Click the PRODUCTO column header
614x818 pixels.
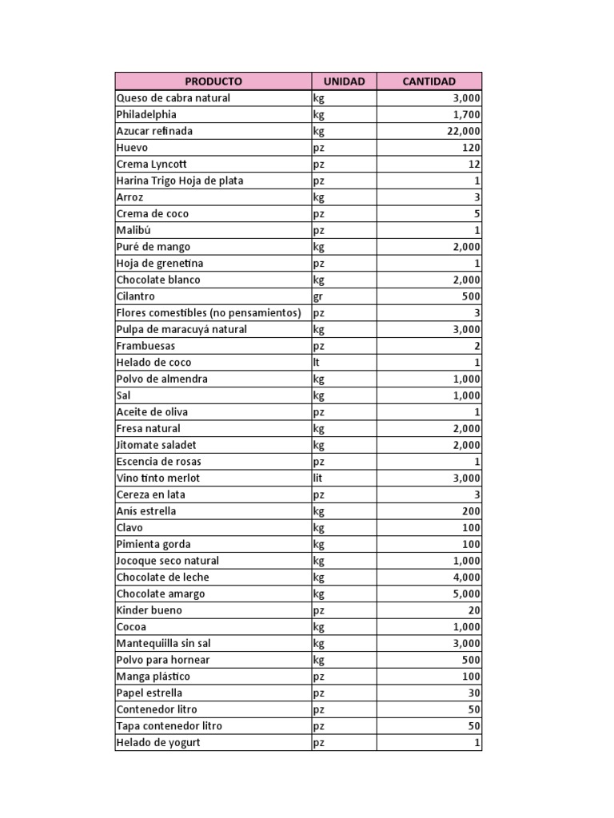coord(213,81)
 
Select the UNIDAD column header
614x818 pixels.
coord(344,81)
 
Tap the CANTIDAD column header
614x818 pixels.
coord(429,81)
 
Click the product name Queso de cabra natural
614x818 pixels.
coord(173,98)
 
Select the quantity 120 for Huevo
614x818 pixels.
coord(471,148)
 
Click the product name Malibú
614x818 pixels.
coord(133,230)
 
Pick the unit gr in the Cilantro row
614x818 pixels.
coord(319,296)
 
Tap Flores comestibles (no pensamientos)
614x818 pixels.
coord(209,312)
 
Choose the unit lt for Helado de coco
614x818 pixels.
coord(317,363)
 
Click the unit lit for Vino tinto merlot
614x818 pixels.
coord(319,478)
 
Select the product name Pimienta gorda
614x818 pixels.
coord(153,544)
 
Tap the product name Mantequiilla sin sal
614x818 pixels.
coord(164,643)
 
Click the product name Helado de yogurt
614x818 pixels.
coord(158,742)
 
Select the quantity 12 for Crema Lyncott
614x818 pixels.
coord(474,165)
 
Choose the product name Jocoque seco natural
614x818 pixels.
coord(168,561)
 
